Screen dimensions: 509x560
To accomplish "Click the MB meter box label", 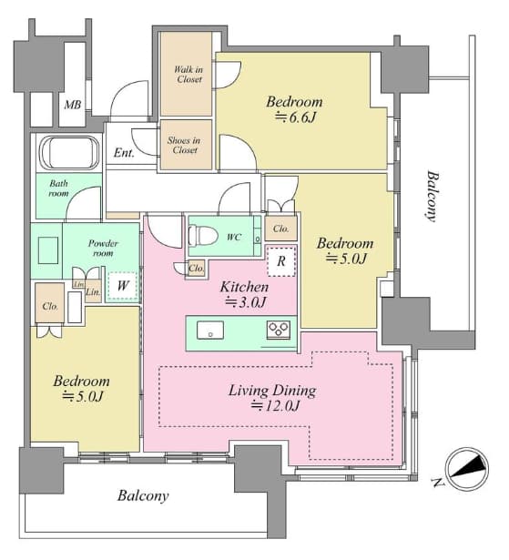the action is click(73, 105).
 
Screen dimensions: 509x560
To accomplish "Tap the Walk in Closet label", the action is click(188, 75).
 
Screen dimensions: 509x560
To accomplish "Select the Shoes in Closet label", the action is click(184, 145).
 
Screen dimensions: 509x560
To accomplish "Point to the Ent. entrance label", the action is click(124, 153).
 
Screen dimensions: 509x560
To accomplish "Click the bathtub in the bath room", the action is click(69, 153).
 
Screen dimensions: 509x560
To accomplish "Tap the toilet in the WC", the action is click(203, 235).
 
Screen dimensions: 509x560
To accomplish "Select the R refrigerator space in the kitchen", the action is click(281, 261).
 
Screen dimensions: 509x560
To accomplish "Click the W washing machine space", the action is click(123, 286).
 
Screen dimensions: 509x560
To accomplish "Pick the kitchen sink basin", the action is click(210, 331).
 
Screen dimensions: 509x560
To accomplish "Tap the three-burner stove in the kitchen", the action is click(279, 330).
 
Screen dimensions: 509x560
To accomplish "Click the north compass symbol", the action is click(466, 469).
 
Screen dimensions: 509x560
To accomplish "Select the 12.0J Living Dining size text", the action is click(275, 406).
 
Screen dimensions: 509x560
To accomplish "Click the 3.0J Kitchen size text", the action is click(245, 302).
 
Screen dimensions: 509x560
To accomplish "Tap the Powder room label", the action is click(103, 249).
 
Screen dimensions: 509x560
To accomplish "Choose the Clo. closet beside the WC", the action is click(196, 268).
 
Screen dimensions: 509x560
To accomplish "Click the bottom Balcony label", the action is click(143, 496).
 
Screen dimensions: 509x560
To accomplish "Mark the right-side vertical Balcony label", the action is click(432, 197).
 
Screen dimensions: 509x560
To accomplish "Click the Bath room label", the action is click(58, 188).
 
